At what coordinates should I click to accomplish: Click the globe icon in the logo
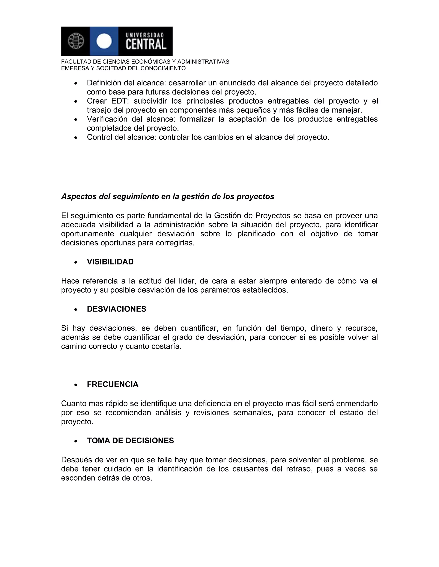[76, 41]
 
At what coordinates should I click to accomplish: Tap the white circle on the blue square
[104, 41]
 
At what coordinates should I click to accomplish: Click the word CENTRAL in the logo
[146, 44]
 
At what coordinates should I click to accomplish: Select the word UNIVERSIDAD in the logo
[145, 35]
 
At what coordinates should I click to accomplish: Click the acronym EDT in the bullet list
[119, 101]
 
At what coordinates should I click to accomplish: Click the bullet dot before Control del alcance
[76, 138]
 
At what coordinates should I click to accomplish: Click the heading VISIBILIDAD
[110, 262]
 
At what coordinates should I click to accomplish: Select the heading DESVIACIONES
[117, 309]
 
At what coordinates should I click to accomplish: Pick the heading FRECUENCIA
[113, 384]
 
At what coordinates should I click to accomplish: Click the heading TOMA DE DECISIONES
[130, 441]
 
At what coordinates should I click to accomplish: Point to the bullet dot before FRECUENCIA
[76, 385]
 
